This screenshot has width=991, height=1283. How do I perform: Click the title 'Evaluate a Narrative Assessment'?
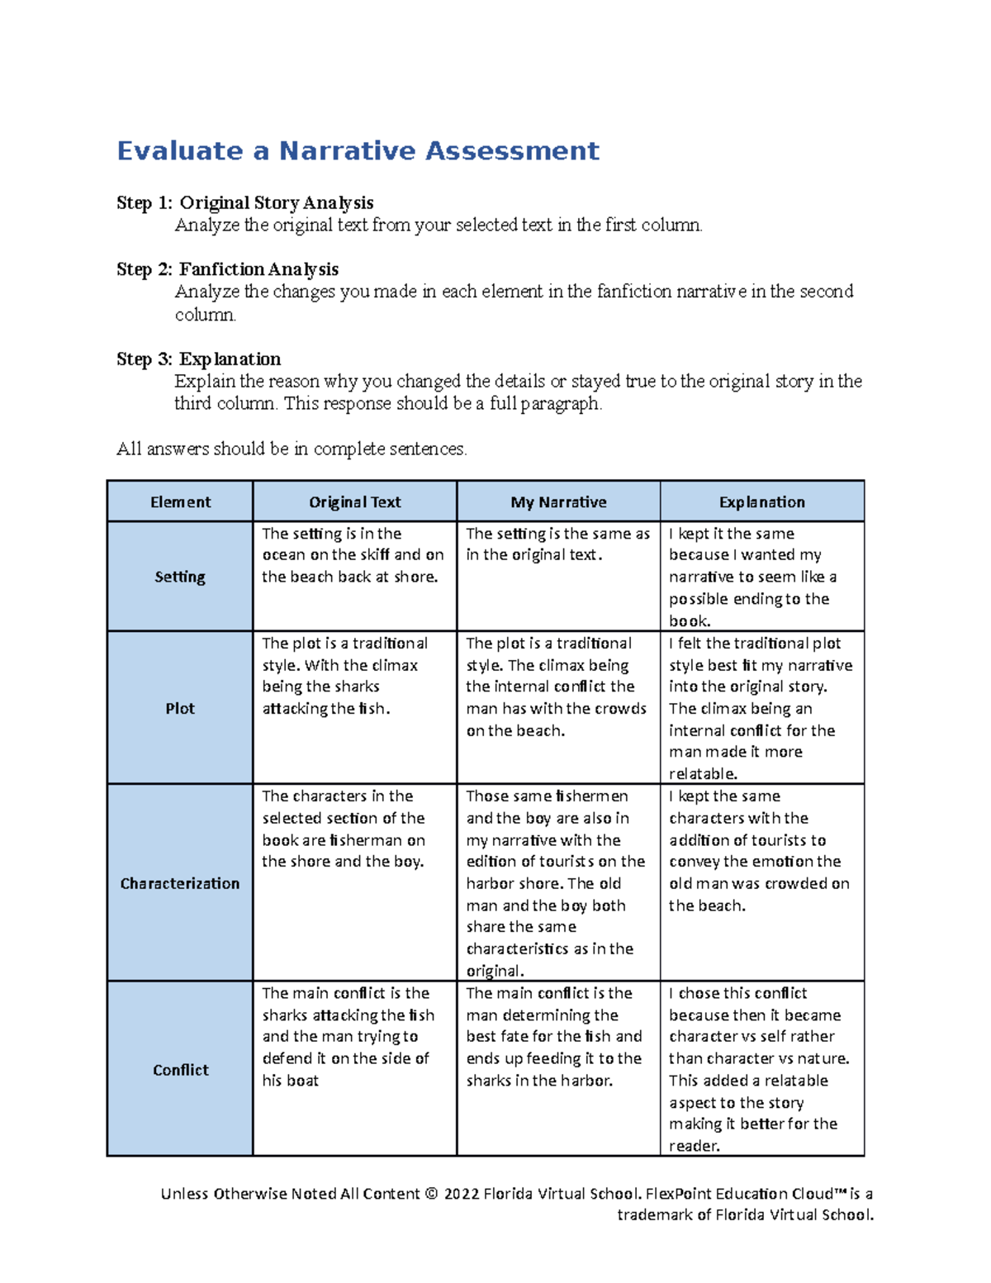click(358, 151)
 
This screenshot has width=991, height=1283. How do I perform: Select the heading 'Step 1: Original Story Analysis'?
click(245, 203)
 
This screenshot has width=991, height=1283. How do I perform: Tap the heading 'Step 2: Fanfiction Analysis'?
click(228, 269)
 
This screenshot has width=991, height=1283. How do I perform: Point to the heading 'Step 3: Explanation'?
click(199, 359)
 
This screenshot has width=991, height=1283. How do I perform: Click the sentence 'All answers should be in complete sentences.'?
click(292, 449)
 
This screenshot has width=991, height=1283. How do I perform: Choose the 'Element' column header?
click(180, 502)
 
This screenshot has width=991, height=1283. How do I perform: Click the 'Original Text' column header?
click(354, 502)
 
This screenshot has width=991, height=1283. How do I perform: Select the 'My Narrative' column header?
click(558, 502)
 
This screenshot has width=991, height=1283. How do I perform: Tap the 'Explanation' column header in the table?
click(761, 502)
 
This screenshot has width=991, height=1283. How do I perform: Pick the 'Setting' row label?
click(180, 577)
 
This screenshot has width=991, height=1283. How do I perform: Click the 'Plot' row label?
click(180, 709)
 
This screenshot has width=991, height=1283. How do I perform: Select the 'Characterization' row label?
click(180, 883)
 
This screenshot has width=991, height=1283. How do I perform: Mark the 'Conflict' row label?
click(180, 1070)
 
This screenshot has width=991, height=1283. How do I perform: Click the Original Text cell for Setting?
click(353, 555)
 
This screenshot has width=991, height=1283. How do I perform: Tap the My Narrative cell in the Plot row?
click(557, 687)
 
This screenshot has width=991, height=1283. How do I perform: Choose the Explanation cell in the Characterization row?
click(759, 851)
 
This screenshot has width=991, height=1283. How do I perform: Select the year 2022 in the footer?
click(462, 1194)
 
